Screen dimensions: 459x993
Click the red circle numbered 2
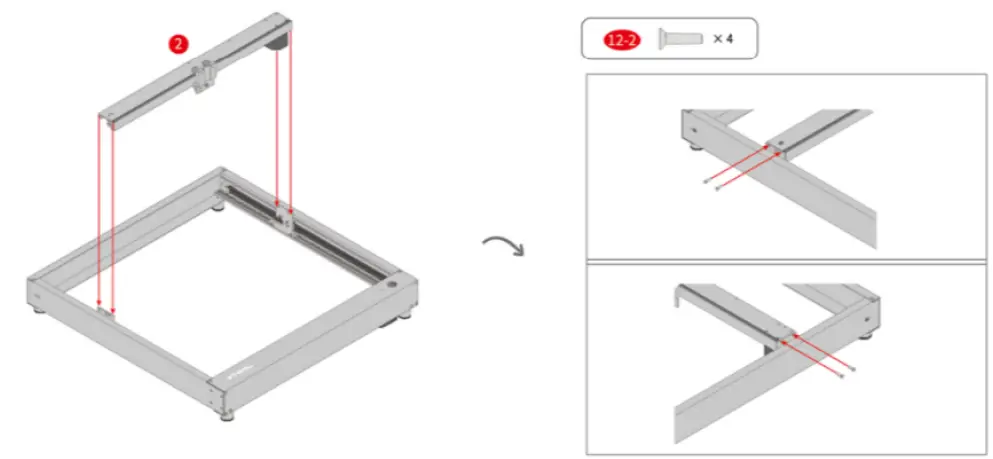pyautogui.click(x=177, y=44)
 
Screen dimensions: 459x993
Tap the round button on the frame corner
pyautogui.click(x=391, y=284)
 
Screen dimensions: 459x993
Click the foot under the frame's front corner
pyautogui.click(x=226, y=413)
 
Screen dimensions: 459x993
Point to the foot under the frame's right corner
pyautogui.click(x=406, y=320)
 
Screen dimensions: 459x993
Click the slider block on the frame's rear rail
pyautogui.click(x=283, y=218)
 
